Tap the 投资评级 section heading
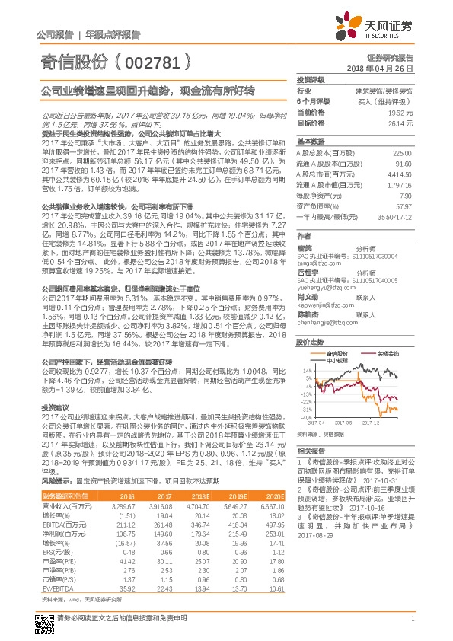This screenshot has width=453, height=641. tap(310, 79)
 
